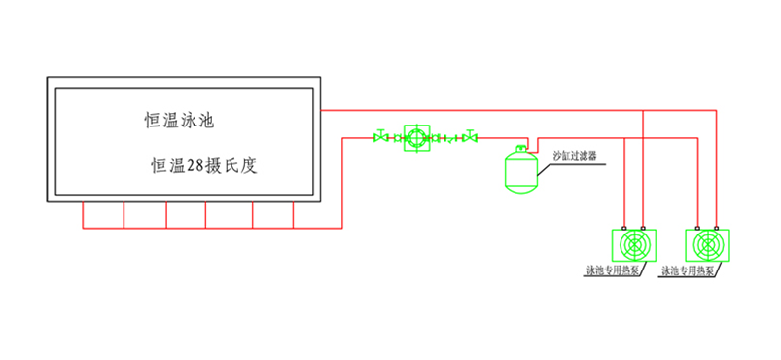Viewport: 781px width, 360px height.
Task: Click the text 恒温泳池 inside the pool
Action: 178,122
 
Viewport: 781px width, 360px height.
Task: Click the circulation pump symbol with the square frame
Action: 416,138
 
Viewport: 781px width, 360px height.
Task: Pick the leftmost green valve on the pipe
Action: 380,138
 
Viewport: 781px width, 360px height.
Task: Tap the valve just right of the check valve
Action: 471,138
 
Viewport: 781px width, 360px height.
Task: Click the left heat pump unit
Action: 632,243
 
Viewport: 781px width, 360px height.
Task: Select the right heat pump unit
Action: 707,243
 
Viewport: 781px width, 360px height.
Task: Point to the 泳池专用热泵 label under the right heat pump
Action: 688,270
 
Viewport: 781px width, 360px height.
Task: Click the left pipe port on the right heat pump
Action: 697,226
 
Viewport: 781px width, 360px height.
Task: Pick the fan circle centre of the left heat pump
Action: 632,244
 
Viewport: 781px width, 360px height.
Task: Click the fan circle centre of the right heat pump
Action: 707,244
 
